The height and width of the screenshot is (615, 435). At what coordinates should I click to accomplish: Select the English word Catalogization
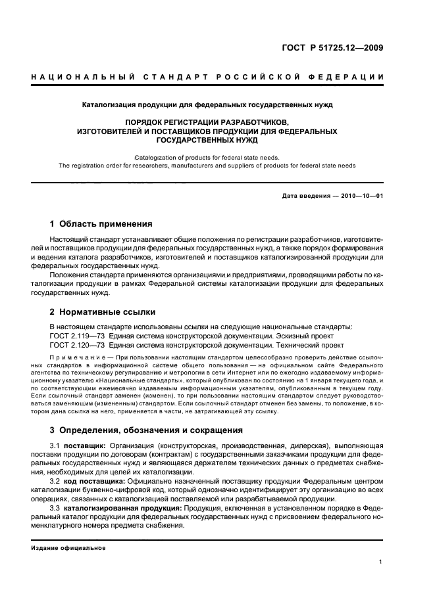(157, 157)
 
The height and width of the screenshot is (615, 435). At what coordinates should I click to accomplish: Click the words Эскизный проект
(307, 335)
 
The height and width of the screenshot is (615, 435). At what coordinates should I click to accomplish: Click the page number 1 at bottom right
(381, 562)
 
